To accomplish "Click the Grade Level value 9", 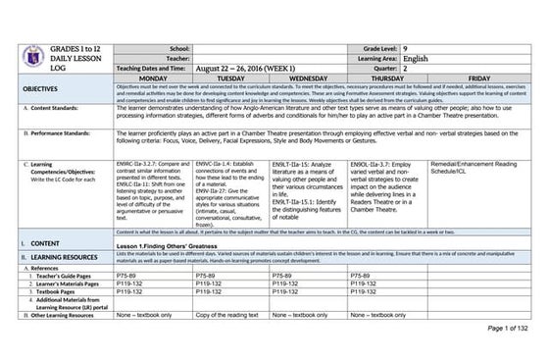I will [x=435, y=47].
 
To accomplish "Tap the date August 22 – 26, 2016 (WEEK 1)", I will [x=249, y=69].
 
